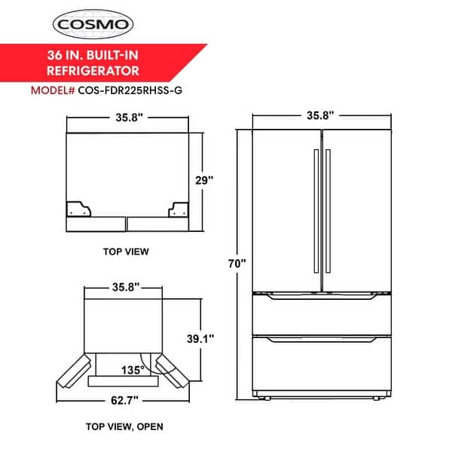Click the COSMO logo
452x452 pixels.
93,24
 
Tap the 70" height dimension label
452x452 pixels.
237,264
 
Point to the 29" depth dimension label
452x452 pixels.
205,181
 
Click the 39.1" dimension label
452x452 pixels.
201,338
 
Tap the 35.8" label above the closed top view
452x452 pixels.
125,118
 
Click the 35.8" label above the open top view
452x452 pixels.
124,288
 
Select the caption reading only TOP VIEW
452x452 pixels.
126,251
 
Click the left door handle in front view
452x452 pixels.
315,210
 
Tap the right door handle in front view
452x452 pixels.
328,210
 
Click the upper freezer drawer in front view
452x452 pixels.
322,313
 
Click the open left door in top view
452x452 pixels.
72,371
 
